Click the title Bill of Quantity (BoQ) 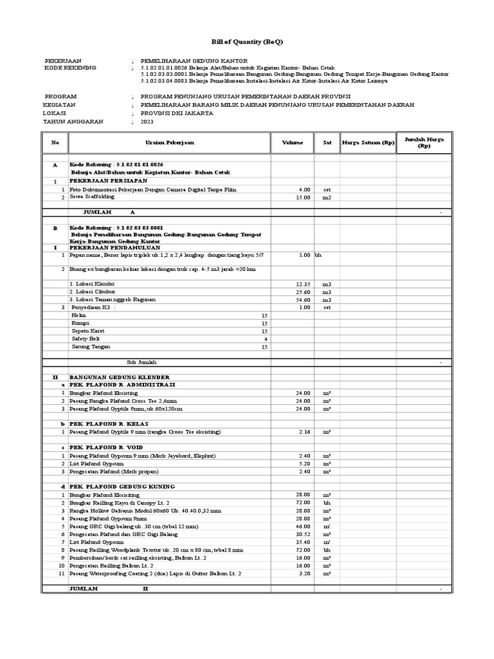pos(247,42)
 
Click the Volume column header pos(291,142)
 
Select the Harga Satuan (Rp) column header pos(368,142)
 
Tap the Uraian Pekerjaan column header pos(169,142)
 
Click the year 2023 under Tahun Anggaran pos(147,121)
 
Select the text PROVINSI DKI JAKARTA pos(172,113)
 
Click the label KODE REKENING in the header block pos(70,68)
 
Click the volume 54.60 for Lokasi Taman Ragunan pos(303,300)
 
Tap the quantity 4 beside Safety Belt pos(265,339)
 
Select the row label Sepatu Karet pos(87,331)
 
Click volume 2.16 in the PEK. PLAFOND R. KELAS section pos(304,432)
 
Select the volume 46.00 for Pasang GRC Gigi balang pos(303,526)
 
